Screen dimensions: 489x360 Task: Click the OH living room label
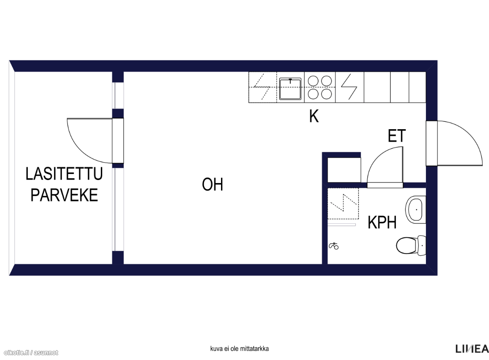(213, 184)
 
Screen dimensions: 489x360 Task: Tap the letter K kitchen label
(314, 116)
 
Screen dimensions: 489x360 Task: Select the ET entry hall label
(397, 136)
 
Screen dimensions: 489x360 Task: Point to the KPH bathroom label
(382, 223)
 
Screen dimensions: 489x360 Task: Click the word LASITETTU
(64, 174)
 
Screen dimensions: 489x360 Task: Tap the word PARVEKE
(64, 195)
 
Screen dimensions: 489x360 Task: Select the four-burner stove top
(320, 87)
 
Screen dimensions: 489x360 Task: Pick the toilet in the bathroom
(411, 245)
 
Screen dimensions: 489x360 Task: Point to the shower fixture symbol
(334, 246)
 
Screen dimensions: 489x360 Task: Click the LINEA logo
(472, 349)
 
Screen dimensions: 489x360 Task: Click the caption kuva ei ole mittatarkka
(239, 349)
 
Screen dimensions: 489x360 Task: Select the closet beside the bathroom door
(344, 170)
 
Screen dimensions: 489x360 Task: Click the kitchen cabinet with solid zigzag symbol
(349, 87)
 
